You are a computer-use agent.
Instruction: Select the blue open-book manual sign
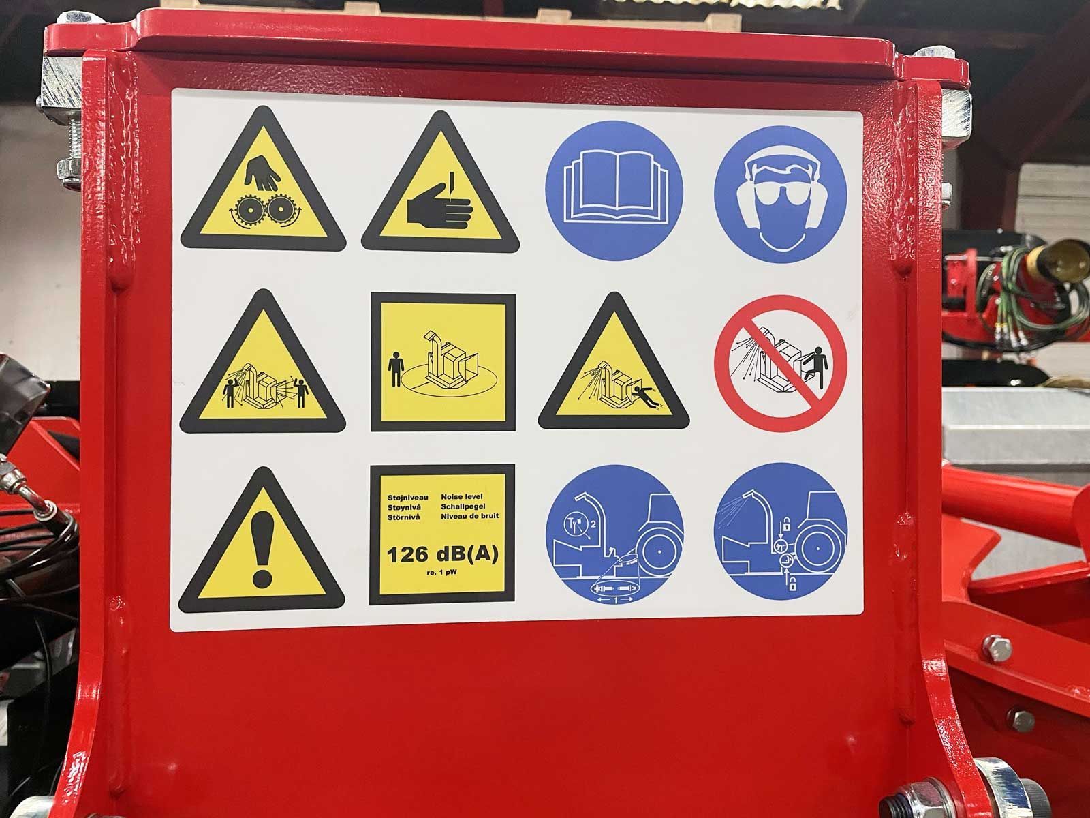pyautogui.click(x=614, y=191)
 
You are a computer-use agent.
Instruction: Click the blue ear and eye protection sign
pyautogui.click(x=780, y=194)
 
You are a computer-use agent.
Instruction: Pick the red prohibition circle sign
pyautogui.click(x=780, y=363)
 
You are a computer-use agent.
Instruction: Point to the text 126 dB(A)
pyautogui.click(x=442, y=554)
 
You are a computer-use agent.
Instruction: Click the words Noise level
pyautogui.click(x=461, y=496)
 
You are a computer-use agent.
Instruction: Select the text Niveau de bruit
pyautogui.click(x=470, y=516)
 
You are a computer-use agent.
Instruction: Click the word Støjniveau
pyautogui.click(x=407, y=497)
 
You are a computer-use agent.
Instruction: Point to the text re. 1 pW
pyautogui.click(x=441, y=572)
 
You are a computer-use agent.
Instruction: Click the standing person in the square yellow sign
pyautogui.click(x=395, y=369)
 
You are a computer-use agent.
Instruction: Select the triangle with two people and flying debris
pyautogui.click(x=262, y=361)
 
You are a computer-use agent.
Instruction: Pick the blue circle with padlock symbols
pyautogui.click(x=780, y=532)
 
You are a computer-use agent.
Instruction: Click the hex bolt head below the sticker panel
pyautogui.click(x=997, y=649)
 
